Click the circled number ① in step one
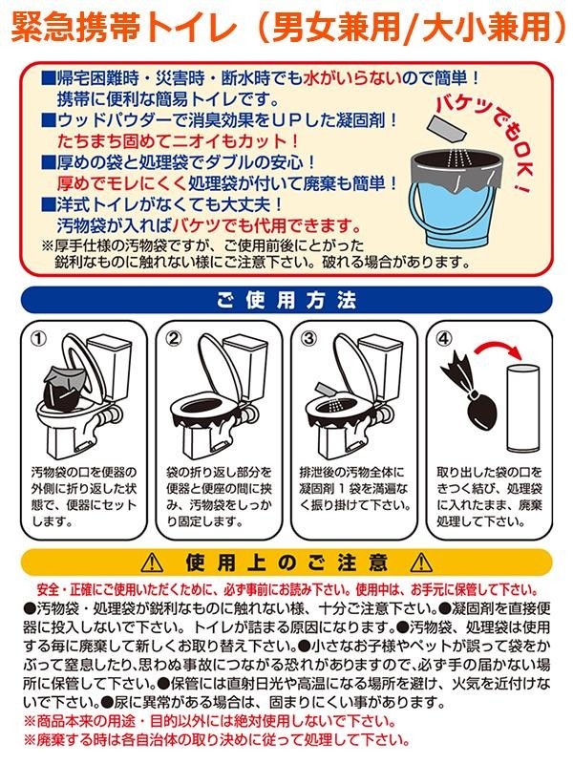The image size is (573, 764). tap(39, 338)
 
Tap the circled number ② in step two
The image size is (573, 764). tap(174, 338)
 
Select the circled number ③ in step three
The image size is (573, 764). tap(308, 338)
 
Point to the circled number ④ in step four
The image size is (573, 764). tap(443, 338)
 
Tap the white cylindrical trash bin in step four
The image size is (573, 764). tap(522, 409)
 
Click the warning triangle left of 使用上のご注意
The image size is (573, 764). tap(152, 562)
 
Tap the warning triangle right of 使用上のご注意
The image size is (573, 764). tap(421, 562)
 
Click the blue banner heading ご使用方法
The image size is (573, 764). tap(286, 300)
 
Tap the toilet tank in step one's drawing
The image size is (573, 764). tap(111, 365)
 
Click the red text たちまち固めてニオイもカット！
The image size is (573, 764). tap(178, 141)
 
